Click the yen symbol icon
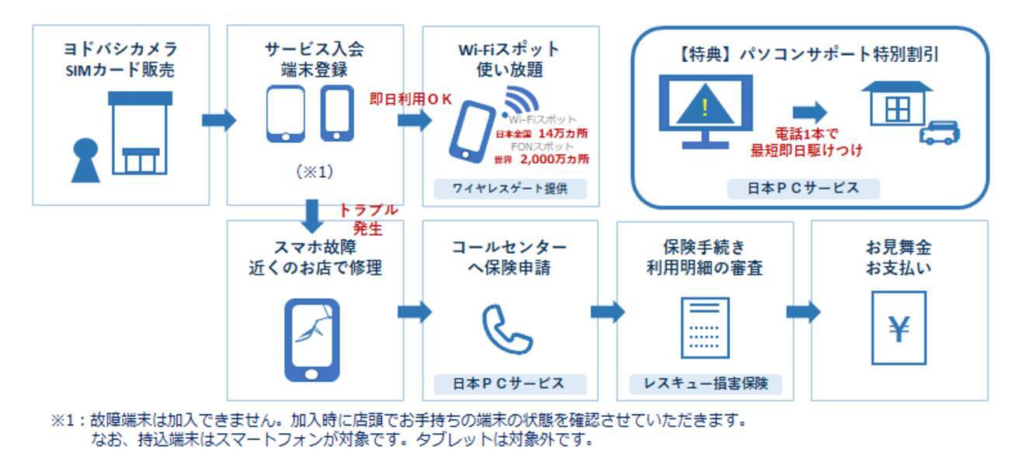[899, 328]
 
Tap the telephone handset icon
[507, 328]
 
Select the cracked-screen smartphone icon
[311, 339]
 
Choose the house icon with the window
[898, 104]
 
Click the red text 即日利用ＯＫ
[410, 99]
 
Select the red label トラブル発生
[368, 219]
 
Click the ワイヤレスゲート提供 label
[509, 189]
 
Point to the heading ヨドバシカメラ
[120, 48]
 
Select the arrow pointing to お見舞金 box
[802, 312]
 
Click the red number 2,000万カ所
[554, 159]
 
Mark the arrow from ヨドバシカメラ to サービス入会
[218, 120]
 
